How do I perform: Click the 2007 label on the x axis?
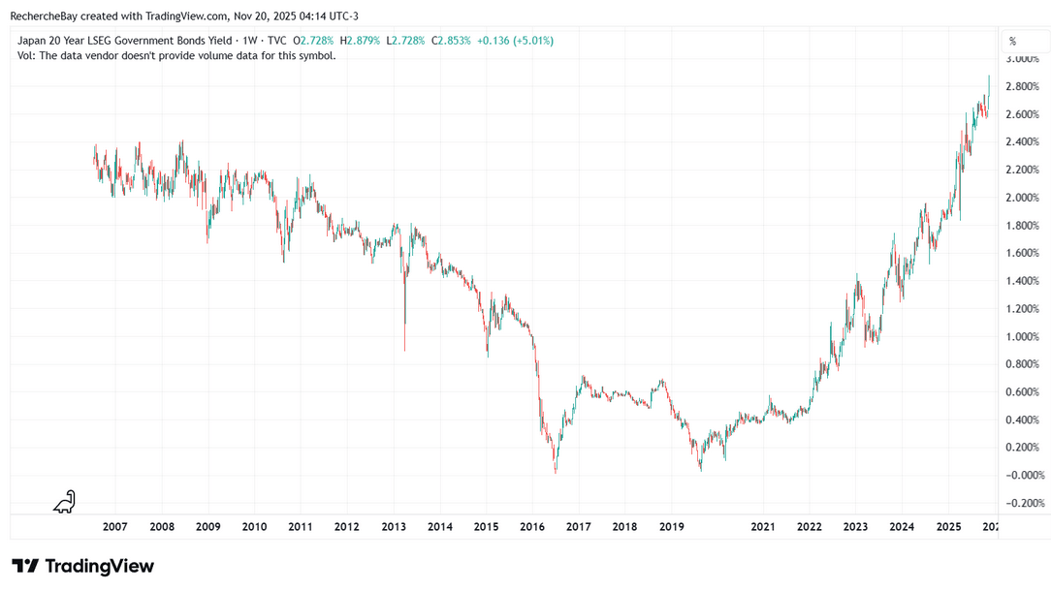pos(114,526)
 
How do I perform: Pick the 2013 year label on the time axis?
pos(394,526)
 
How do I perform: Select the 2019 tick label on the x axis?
pos(672,526)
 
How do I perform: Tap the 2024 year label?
pos(903,526)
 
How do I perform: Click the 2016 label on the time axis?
pos(532,526)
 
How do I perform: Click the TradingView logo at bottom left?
pos(82,566)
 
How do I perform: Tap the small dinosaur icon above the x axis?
pos(64,502)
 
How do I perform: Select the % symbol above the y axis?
pos(1012,41)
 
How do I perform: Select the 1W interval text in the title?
pos(245,41)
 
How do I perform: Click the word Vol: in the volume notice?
pos(27,55)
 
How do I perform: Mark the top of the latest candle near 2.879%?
pos(989,76)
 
